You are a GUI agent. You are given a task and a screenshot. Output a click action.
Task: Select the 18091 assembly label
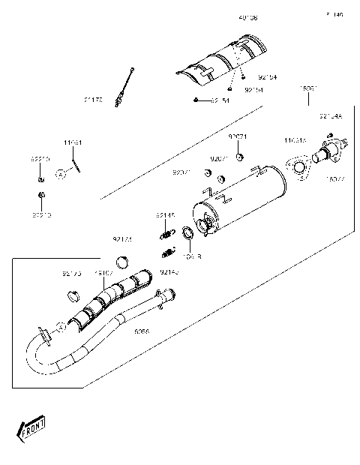click(x=309, y=89)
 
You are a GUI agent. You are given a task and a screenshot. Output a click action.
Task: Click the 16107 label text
click(x=103, y=274)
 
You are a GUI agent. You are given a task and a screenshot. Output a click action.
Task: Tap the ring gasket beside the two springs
click(x=190, y=240)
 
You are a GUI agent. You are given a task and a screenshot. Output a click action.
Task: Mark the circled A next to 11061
click(x=62, y=173)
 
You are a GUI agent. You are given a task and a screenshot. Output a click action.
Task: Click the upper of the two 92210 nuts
click(x=40, y=178)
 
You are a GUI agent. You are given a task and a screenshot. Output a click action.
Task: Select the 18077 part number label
click(x=334, y=179)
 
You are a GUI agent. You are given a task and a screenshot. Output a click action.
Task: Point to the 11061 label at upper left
click(x=72, y=142)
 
